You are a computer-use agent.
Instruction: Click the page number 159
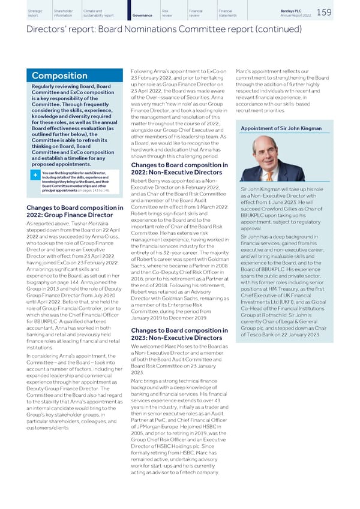click(x=341, y=12)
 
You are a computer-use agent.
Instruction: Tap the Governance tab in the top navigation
click(x=140, y=15)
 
